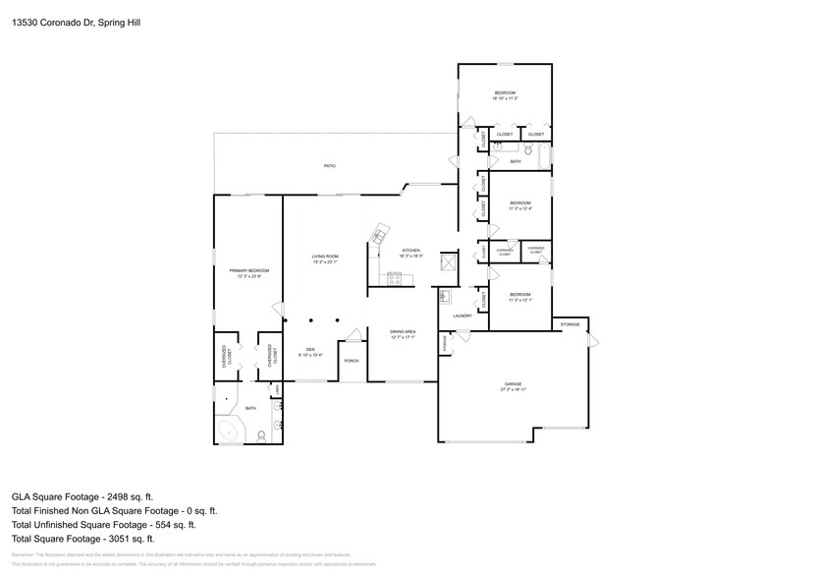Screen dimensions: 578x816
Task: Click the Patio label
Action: pyautogui.click(x=330, y=166)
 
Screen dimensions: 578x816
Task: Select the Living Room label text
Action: pyautogui.click(x=325, y=259)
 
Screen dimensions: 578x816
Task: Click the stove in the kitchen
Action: pyautogui.click(x=395, y=279)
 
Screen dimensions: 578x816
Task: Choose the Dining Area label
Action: pyautogui.click(x=403, y=335)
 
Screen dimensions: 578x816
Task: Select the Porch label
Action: pyautogui.click(x=351, y=362)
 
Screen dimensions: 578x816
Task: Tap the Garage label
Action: pyautogui.click(x=513, y=385)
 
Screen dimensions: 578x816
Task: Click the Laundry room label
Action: pyautogui.click(x=462, y=316)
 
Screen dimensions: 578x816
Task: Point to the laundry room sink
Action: pyautogui.click(x=444, y=295)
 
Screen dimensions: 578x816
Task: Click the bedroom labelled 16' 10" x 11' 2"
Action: pyautogui.click(x=505, y=95)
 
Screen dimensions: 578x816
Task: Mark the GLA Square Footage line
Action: pyautogui.click(x=82, y=496)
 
